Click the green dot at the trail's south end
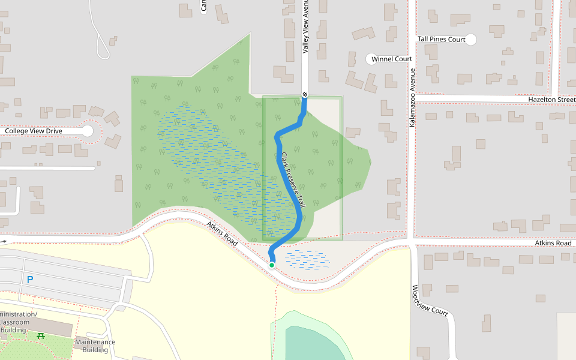272,265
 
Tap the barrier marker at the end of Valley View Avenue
305,94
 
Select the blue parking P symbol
29,280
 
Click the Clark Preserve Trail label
293,179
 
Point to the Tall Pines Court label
441,40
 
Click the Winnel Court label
392,59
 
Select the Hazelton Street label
551,99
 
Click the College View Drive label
33,131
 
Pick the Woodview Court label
430,301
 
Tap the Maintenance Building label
95,346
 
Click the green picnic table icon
41,336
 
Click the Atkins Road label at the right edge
553,243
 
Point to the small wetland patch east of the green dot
307,259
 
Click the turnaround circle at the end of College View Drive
88,131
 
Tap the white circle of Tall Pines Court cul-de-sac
471,40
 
